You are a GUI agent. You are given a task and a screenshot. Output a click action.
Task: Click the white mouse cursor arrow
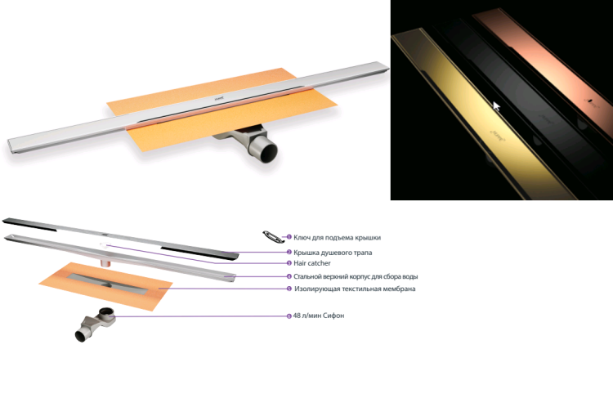pyautogui.click(x=496, y=106)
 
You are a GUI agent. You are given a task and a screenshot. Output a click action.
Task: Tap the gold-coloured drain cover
pyautogui.click(x=485, y=117)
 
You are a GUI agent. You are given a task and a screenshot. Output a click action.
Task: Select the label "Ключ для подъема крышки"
pyautogui.click(x=337, y=238)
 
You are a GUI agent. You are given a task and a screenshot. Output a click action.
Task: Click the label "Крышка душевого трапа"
pyautogui.click(x=333, y=253)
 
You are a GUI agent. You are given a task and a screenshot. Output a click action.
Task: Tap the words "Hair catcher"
pyautogui.click(x=312, y=263)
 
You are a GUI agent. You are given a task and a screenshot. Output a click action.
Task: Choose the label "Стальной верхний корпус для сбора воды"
pyautogui.click(x=356, y=277)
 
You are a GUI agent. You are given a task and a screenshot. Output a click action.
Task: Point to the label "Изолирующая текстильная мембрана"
pyautogui.click(x=355, y=289)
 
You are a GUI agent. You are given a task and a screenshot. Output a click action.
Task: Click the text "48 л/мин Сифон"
pyautogui.click(x=319, y=316)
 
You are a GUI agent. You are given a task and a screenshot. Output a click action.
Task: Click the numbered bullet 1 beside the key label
pyautogui.click(x=289, y=237)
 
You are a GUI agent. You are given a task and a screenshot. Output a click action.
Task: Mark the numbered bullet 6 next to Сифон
pyautogui.click(x=289, y=316)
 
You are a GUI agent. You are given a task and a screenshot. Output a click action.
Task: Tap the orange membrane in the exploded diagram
pyautogui.click(x=105, y=286)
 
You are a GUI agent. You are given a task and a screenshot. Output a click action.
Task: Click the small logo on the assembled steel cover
pyautogui.click(x=219, y=100)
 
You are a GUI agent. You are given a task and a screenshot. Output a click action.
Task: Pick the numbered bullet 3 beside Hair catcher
pyautogui.click(x=289, y=263)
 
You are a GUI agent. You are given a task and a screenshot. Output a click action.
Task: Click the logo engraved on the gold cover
pyautogui.click(x=497, y=135)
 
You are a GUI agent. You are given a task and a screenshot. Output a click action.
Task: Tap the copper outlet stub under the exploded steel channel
pyautogui.click(x=105, y=262)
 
